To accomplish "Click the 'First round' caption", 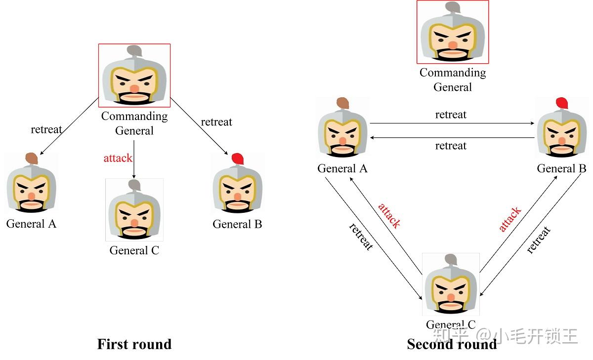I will click(134, 344).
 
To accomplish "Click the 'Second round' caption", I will click(452, 344).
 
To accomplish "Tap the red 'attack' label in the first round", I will click(118, 158).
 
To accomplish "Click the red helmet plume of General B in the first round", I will click(237, 159).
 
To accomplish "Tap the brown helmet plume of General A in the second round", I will click(343, 103).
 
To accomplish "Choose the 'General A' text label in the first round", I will click(31, 224).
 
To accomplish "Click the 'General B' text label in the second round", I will click(561, 168).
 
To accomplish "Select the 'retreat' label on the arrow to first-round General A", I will click(46, 129).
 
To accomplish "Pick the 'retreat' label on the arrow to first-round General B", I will click(216, 122).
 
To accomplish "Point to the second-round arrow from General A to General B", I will click(452, 123).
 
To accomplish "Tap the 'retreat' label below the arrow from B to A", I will click(451, 146).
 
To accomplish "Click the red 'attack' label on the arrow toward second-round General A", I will click(389, 215).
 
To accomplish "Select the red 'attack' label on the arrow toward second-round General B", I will click(509, 219).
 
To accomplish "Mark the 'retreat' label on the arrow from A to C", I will click(360, 237).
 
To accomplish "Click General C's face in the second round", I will click(451, 291).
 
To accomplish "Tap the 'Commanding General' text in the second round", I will click(453, 80).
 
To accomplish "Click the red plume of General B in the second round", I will click(561, 103).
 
